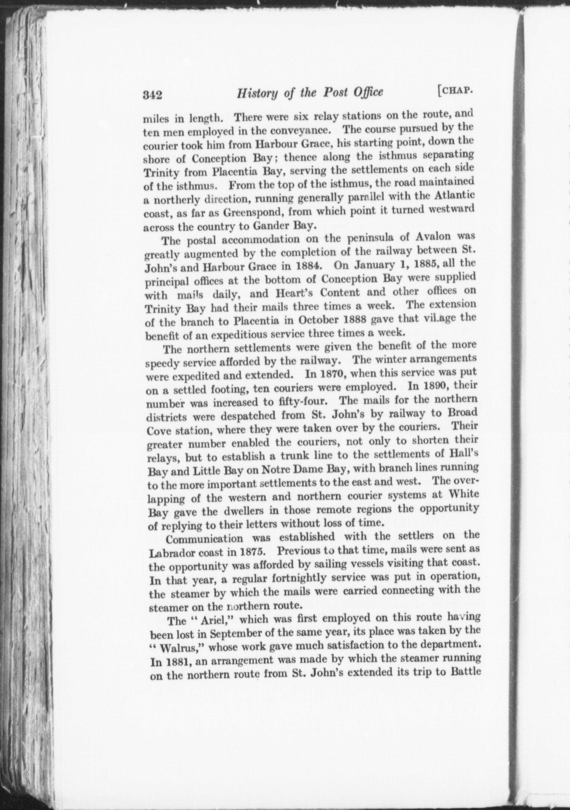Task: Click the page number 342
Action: pos(152,95)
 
